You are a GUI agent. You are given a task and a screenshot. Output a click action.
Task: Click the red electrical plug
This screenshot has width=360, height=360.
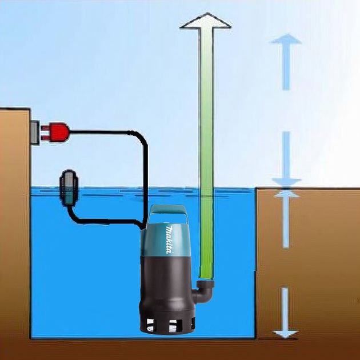tap(57, 132)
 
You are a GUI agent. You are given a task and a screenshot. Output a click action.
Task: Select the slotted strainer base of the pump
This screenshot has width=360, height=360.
tap(166, 325)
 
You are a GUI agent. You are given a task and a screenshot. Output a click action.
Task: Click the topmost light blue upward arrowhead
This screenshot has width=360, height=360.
tap(286, 41)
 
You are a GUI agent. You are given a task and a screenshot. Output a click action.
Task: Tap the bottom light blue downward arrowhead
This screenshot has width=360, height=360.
tap(286, 332)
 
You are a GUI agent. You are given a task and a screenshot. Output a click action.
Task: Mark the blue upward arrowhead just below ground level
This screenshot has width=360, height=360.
tap(286, 195)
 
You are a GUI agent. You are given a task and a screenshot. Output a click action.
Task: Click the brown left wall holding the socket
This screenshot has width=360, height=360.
tap(14, 229)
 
